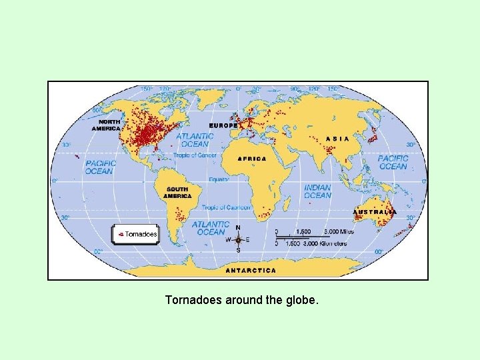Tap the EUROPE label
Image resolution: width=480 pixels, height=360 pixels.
point(223,125)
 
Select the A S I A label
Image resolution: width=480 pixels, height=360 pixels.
point(337,139)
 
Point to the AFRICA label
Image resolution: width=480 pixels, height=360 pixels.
point(252,159)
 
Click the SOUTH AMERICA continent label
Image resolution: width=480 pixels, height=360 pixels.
point(177,193)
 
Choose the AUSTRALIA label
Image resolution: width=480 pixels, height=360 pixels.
point(375,212)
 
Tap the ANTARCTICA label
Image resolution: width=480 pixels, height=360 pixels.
point(251,271)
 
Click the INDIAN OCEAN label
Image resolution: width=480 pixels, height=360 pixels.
point(317,191)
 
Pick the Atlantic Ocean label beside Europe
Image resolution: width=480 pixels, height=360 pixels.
point(195,140)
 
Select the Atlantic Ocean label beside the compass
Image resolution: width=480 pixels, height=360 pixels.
point(211,228)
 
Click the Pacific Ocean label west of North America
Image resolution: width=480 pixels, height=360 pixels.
point(99,167)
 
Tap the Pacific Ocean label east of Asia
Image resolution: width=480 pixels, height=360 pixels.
point(393,162)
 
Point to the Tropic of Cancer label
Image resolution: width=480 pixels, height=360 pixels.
point(195,155)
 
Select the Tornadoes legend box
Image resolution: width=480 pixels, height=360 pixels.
point(135,234)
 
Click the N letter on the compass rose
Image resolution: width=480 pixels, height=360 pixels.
point(238,227)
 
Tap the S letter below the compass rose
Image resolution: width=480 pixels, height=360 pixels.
point(238,251)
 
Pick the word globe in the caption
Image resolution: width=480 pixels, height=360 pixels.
point(301,301)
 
